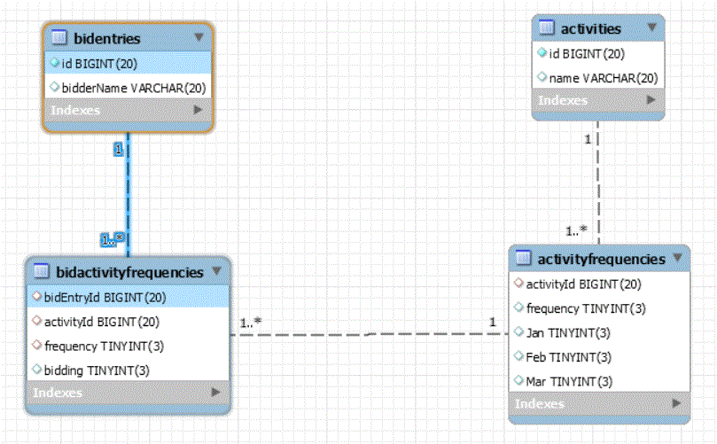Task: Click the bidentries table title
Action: coord(107,38)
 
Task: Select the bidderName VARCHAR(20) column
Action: coord(134,88)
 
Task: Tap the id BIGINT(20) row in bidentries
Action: coord(99,64)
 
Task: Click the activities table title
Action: coord(591,29)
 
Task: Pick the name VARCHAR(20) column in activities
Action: coord(604,78)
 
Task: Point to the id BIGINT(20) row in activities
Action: coord(587,54)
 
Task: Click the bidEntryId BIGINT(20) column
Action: coord(105,298)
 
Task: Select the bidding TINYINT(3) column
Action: coord(97,370)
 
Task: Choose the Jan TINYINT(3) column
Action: coord(568,333)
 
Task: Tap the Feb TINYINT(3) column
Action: coord(568,357)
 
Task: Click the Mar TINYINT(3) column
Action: coord(569,381)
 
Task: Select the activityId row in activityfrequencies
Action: coord(583,284)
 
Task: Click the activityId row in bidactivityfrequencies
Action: coord(102,322)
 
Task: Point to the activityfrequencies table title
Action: coord(601,260)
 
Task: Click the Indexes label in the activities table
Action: coord(563,100)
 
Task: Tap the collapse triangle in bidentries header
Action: coord(199,37)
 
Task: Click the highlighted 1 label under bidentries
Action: coord(119,149)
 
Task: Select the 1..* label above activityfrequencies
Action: coord(576,231)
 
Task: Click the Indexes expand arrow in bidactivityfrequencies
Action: coord(216,393)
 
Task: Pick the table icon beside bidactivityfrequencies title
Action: coord(42,271)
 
